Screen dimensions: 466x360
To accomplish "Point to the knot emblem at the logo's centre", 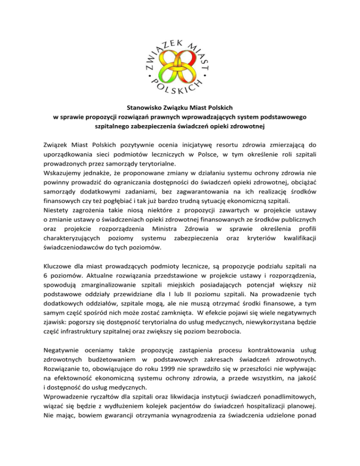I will point(180,60).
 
